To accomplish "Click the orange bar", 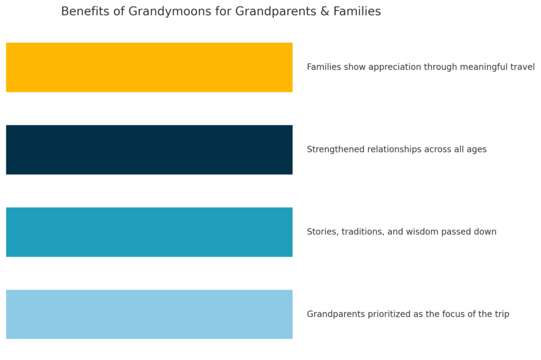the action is click(x=149, y=67).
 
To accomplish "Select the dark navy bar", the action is click(x=149, y=150).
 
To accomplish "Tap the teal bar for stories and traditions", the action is click(x=149, y=232).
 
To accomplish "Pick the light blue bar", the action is click(x=149, y=315).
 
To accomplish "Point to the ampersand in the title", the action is click(x=325, y=11).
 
